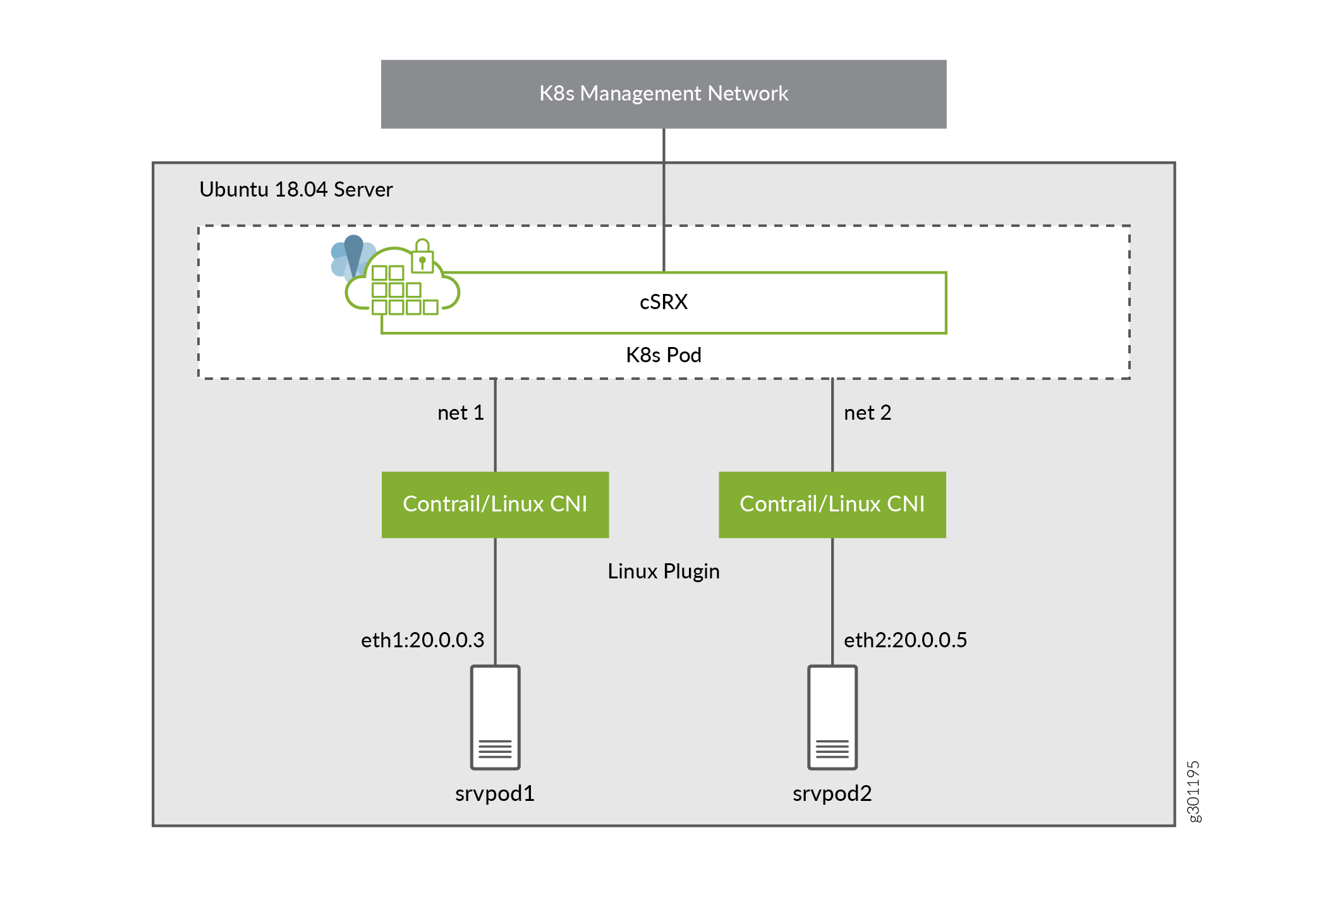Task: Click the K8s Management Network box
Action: pyautogui.click(x=663, y=94)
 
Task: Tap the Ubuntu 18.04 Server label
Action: pyautogui.click(x=296, y=190)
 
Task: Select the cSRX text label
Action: pyautogui.click(x=663, y=302)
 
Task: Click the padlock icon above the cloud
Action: pyautogui.click(x=422, y=256)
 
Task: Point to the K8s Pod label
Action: pyautogui.click(x=663, y=355)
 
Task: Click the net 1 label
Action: pyautogui.click(x=460, y=413)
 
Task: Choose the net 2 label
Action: pyautogui.click(x=867, y=413)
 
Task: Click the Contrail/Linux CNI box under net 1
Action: pyautogui.click(x=495, y=504)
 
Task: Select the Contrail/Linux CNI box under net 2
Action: pyautogui.click(x=832, y=504)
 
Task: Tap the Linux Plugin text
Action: pyautogui.click(x=663, y=571)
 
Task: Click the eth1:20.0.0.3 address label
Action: pyautogui.click(x=422, y=640)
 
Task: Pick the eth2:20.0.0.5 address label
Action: pyautogui.click(x=905, y=640)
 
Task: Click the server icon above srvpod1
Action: pyautogui.click(x=495, y=717)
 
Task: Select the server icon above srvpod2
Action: pyautogui.click(x=832, y=717)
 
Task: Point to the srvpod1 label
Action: pyautogui.click(x=495, y=793)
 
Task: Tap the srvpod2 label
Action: pyautogui.click(x=832, y=793)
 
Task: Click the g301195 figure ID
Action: pyautogui.click(x=1193, y=791)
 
